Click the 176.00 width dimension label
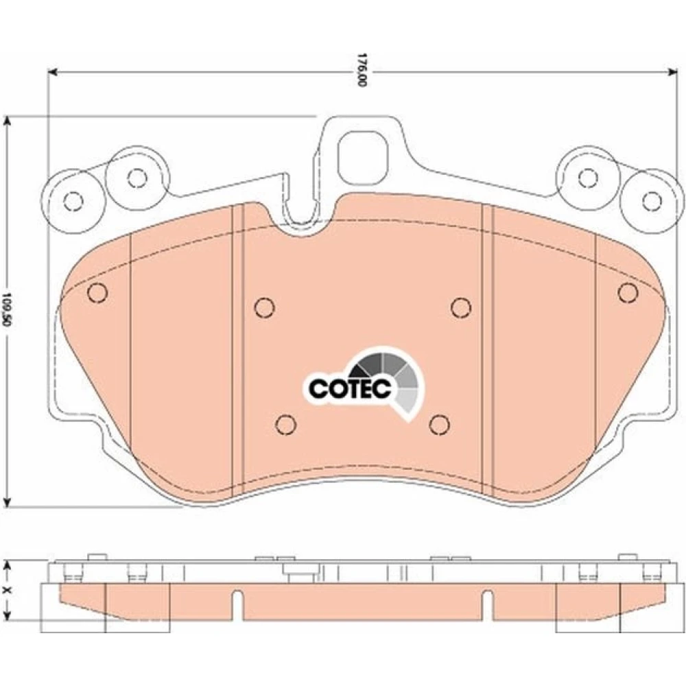pyautogui.click(x=361, y=70)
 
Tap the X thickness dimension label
pyautogui.click(x=5, y=591)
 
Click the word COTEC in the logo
pyautogui.click(x=350, y=387)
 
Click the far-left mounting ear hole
pyautogui.click(x=73, y=201)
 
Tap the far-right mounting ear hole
pyautogui.click(x=652, y=201)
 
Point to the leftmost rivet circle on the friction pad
pyautogui.click(x=97, y=292)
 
